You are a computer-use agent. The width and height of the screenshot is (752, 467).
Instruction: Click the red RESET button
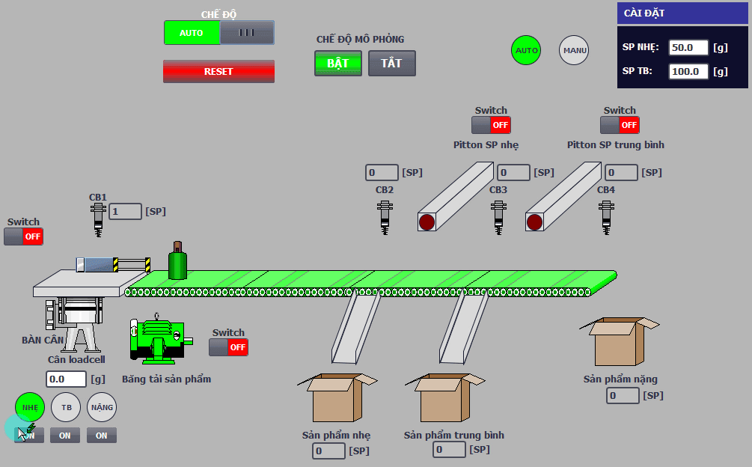coord(218,71)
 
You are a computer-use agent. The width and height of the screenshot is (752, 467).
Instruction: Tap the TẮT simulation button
coord(392,64)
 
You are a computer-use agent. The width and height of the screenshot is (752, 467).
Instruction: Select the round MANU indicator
coord(574,50)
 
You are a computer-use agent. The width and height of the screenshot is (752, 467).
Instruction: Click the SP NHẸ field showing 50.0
coord(688,47)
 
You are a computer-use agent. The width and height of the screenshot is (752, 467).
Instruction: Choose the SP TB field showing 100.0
coord(688,71)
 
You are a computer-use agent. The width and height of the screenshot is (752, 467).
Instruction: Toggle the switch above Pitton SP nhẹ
coord(491,125)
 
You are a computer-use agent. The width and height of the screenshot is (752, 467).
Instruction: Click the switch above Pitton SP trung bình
coord(620,125)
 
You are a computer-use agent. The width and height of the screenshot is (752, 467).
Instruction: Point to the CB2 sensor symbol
coord(385,217)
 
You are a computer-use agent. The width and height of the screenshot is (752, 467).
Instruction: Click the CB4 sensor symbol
coord(606,217)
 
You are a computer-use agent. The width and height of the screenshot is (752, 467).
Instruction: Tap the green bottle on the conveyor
coord(177,260)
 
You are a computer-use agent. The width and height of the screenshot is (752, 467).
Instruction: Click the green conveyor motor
coord(159,338)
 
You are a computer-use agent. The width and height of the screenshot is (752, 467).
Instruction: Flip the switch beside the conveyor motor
coord(228,347)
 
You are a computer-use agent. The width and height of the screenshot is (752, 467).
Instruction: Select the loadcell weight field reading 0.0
coord(66,379)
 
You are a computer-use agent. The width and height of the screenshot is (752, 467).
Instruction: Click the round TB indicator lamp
coord(66,407)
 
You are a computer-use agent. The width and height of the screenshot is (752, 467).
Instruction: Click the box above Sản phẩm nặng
coord(620,341)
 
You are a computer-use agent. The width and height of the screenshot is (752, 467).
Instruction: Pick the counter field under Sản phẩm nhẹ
coord(328,451)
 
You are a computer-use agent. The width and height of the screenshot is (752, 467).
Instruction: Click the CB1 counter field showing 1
coord(125,212)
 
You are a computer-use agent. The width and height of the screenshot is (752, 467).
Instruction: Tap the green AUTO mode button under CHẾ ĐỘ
coord(192,33)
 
